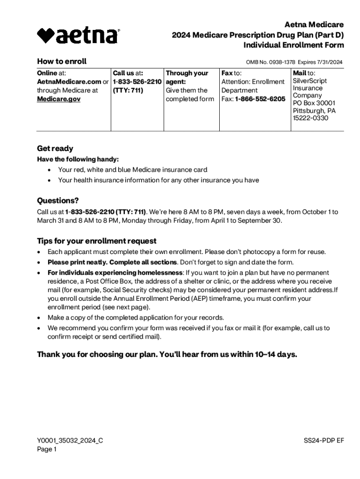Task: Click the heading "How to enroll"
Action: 62,61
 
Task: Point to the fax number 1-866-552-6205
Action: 260,99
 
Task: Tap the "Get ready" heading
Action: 55,149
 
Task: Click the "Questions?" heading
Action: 58,201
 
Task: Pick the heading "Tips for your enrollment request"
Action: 97,241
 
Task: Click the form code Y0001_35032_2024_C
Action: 70,440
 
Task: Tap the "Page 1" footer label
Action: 47,450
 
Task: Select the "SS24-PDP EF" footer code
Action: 324,440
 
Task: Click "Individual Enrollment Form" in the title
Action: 294,45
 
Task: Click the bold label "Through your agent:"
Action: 187,77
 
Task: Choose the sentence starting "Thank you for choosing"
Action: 167,354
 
